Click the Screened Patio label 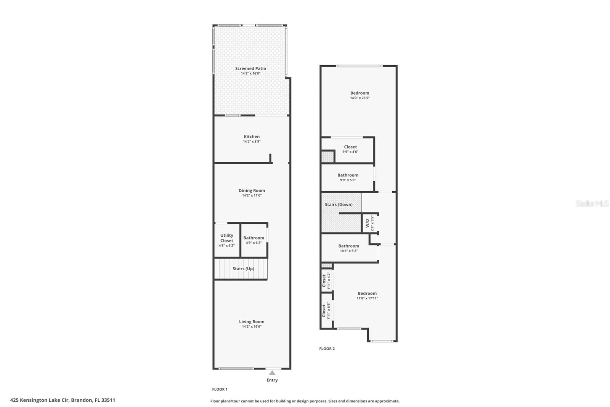[250, 69]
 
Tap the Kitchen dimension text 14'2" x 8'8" [252, 142]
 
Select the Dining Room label [252, 191]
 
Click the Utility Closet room [226, 240]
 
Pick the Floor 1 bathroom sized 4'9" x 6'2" [254, 240]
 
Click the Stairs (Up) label [243, 269]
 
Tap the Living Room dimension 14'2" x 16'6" [252, 327]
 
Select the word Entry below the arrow [272, 380]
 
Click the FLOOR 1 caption [220, 389]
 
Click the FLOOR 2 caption [327, 349]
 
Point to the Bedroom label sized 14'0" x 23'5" [360, 93]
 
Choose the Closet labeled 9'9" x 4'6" [350, 149]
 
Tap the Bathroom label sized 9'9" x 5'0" [348, 175]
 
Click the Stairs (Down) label [338, 205]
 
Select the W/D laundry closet [369, 223]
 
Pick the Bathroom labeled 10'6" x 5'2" [348, 248]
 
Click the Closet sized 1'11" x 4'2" [326, 281]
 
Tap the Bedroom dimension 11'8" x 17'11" [367, 299]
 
